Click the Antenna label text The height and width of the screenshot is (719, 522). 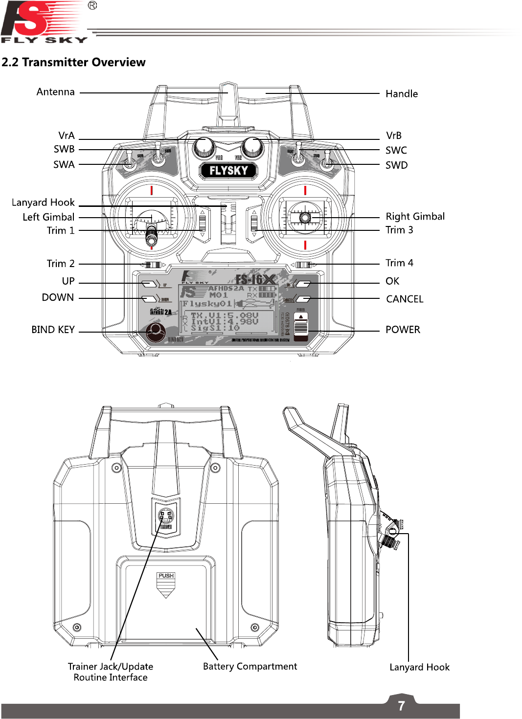55,92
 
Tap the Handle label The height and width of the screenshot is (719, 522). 401,94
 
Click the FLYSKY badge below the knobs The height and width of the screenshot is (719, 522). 228,171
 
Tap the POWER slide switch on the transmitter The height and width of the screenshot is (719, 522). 301,326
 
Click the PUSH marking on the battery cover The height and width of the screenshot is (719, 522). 166,576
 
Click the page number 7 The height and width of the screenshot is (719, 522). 401,706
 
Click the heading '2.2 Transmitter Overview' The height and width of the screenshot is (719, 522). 73,62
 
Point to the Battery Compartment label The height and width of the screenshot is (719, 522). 250,666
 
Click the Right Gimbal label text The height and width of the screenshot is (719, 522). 415,217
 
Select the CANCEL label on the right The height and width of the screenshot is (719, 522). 405,299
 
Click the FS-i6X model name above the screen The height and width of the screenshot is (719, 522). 255,280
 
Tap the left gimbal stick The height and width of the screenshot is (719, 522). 152,235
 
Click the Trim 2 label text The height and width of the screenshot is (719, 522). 61,264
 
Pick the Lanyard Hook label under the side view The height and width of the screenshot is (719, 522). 419,667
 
